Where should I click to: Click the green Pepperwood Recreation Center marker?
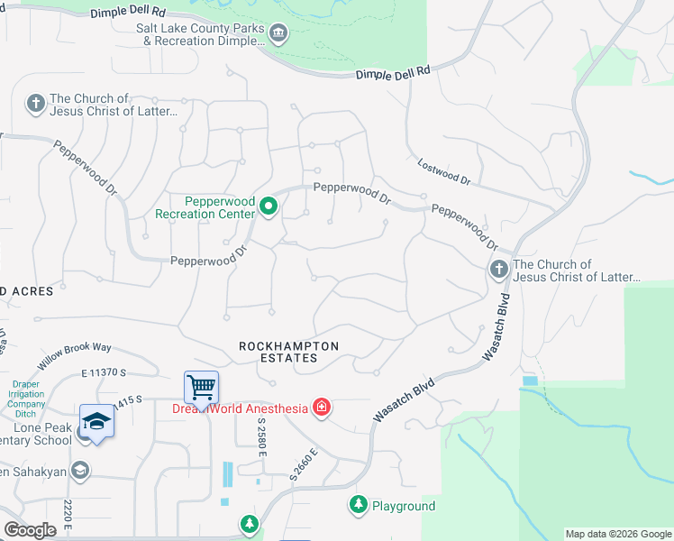click(x=268, y=207)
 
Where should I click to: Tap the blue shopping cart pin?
click(x=201, y=388)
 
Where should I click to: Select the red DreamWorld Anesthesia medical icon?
click(x=321, y=408)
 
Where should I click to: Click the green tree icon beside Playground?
click(x=359, y=506)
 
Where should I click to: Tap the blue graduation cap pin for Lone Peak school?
click(x=96, y=422)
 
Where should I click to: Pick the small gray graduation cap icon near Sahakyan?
click(x=80, y=469)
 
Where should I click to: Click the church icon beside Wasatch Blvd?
click(x=498, y=270)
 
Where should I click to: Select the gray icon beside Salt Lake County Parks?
click(x=278, y=34)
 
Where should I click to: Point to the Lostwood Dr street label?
click(x=443, y=172)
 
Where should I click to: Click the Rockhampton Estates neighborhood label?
click(x=288, y=352)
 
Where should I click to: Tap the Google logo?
click(x=30, y=529)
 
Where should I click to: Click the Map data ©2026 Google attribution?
click(x=617, y=534)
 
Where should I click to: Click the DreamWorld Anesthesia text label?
click(x=240, y=408)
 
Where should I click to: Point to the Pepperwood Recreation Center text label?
click(x=205, y=207)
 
